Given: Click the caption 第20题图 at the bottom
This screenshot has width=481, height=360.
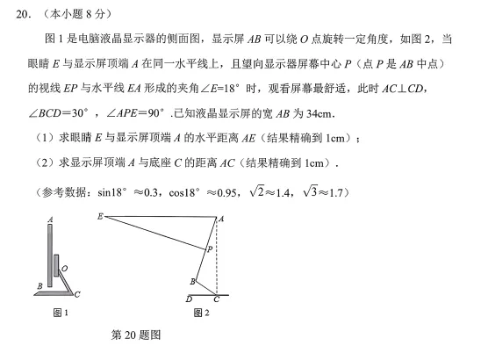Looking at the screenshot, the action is point(133,337).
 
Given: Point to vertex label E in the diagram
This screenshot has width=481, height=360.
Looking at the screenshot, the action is point(102,215).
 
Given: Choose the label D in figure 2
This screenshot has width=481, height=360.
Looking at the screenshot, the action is point(190,299).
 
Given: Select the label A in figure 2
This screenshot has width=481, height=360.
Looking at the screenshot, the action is point(220,218).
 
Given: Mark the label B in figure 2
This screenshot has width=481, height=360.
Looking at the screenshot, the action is point(192,280).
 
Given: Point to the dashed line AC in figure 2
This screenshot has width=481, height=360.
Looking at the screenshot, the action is point(217,259).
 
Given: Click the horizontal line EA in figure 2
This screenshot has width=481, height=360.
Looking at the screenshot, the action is point(158,216).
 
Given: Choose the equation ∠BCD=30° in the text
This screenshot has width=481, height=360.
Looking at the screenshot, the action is point(51,118).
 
